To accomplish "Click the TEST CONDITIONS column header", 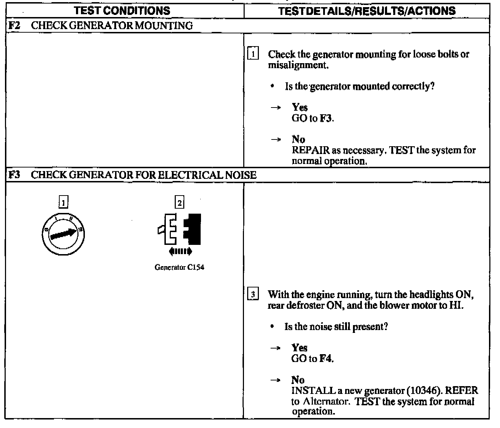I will click(123, 11).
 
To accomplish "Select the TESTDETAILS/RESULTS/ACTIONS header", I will click(367, 11).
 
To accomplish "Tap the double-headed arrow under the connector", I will click(180, 252).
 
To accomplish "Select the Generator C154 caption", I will click(179, 267).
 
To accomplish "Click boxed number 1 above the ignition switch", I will click(63, 203).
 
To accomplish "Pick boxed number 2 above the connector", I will click(180, 203).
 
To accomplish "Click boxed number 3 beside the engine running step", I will click(252, 295).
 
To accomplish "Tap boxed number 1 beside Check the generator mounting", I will click(252, 54).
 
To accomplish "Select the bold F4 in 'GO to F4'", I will click(326, 358).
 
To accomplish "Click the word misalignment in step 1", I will click(297, 65).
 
